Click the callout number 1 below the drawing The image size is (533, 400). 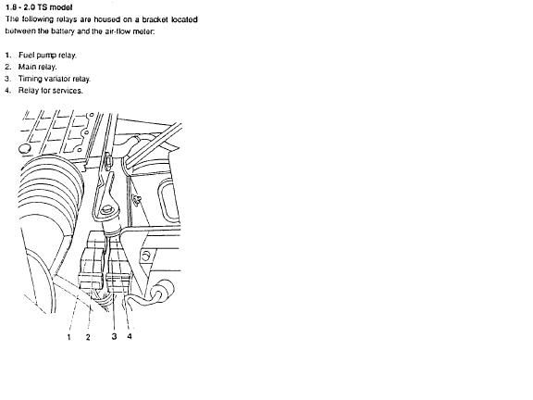69,337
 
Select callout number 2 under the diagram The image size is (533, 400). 88,337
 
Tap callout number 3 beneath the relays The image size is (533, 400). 114,336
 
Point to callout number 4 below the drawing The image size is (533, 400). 130,336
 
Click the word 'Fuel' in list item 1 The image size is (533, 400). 26,56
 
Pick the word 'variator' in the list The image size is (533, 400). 57,79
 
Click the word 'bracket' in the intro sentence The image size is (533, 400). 155,19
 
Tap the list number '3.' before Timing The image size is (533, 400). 7,79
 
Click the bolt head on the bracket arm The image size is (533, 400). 108,208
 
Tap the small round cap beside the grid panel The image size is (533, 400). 24,149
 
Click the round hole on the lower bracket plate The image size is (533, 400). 146,256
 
